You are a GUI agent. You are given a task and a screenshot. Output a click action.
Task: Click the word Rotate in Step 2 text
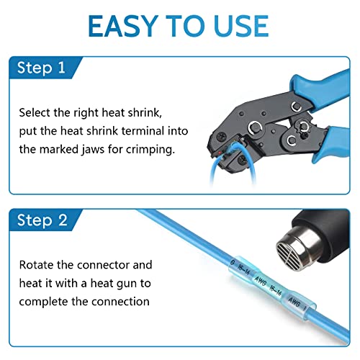37,264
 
